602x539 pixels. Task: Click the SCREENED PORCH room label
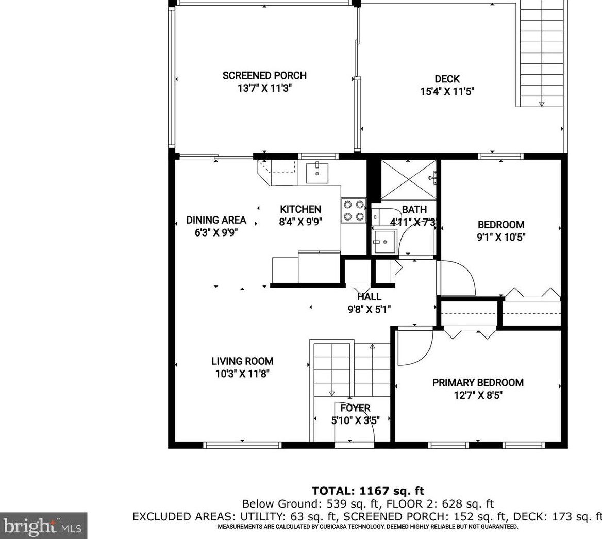(x=264, y=76)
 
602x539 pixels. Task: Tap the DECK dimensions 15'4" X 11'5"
(x=447, y=91)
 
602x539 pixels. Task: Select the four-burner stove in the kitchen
(x=354, y=211)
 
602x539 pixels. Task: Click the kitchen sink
(x=317, y=173)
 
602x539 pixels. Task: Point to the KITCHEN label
(x=300, y=209)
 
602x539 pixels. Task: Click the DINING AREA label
(x=216, y=220)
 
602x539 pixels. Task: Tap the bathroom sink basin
(x=384, y=242)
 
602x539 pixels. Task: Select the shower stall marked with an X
(x=409, y=180)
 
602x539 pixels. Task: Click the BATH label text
(x=414, y=210)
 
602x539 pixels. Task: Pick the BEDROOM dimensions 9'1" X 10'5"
(x=501, y=237)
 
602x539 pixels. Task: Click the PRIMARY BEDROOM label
(x=478, y=383)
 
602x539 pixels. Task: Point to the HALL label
(x=370, y=297)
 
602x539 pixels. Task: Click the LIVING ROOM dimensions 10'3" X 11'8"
(x=242, y=374)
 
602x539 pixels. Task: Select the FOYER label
(x=356, y=408)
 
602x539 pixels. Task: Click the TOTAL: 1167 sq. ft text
(x=368, y=491)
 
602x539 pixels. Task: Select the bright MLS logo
(x=43, y=526)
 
